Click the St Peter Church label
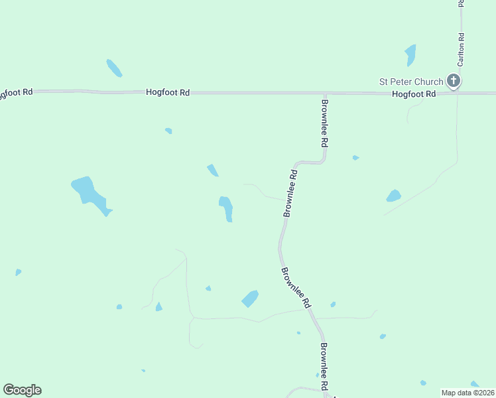click(410, 82)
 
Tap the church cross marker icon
click(454, 81)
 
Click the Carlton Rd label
click(460, 50)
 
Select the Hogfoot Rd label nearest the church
click(413, 94)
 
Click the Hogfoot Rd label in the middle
click(168, 94)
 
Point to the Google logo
click(22, 390)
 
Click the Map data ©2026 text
click(467, 393)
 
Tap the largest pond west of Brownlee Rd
click(90, 194)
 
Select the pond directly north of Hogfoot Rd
click(114, 68)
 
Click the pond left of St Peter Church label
click(410, 54)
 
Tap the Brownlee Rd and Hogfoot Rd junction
click(325, 94)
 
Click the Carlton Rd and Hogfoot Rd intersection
click(457, 93)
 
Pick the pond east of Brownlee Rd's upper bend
click(393, 196)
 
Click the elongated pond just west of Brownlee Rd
click(226, 208)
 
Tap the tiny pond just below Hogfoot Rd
click(168, 131)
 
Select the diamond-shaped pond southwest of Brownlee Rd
click(250, 298)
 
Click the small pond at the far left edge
click(18, 272)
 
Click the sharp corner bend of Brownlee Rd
click(324, 160)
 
